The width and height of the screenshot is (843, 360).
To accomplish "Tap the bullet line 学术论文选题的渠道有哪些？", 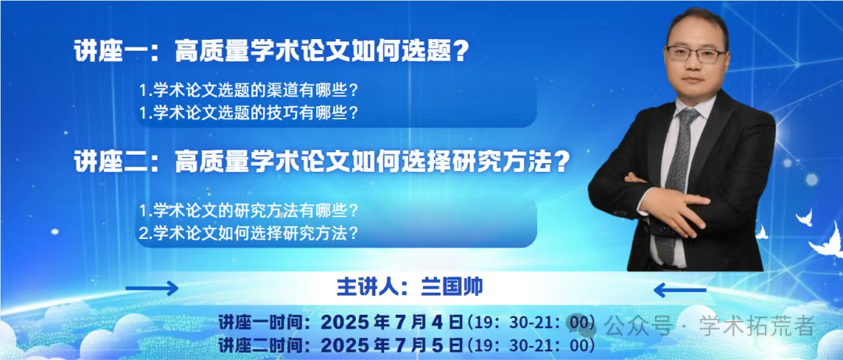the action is point(248,91).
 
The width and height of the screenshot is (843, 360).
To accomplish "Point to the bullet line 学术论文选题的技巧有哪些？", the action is point(248,112).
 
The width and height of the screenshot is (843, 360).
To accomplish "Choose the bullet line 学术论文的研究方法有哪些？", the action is point(248,210).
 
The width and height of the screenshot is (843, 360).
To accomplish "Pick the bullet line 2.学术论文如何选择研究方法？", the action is point(248,233).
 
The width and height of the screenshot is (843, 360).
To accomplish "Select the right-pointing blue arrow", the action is point(151,288).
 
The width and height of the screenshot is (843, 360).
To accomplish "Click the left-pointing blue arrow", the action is point(680,290).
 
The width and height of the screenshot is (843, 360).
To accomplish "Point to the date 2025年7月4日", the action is point(391,323).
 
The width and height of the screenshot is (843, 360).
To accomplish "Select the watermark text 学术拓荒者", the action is point(757,325).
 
